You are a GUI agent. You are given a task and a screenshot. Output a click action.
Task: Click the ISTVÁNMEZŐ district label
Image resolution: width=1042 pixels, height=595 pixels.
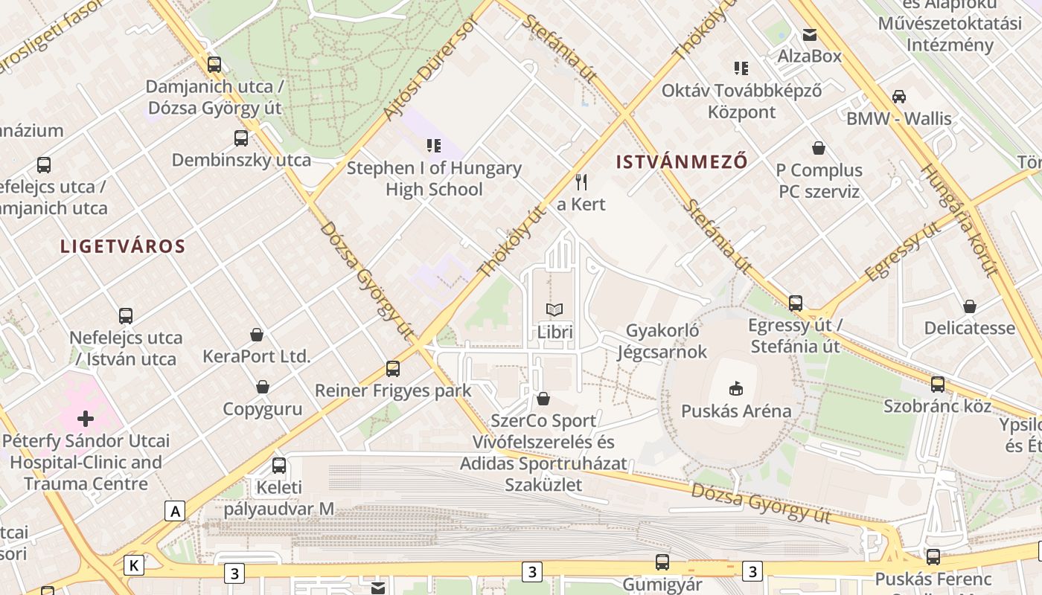pos(682,162)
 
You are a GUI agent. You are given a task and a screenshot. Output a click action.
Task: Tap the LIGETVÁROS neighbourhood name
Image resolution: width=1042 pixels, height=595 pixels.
pos(123,247)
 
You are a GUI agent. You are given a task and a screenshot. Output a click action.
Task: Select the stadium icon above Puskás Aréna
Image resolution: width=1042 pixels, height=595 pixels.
pos(736,388)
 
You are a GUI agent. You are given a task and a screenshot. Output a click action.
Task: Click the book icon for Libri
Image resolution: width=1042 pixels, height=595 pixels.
pos(554,309)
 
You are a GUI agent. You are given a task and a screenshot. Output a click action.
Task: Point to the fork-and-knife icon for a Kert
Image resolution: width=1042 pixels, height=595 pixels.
pos(582,181)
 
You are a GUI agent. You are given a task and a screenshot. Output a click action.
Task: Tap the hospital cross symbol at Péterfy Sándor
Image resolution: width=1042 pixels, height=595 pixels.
pos(86,418)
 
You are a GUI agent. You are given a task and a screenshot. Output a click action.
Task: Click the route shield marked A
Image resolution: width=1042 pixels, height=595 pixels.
pos(175,511)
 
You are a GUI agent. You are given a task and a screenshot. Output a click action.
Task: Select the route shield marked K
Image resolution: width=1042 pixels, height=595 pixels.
pos(134,565)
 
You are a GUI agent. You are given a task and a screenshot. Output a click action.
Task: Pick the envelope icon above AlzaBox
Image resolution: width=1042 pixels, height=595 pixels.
pos(809,34)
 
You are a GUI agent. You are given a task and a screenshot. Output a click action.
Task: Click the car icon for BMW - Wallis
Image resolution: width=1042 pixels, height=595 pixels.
pos(899,96)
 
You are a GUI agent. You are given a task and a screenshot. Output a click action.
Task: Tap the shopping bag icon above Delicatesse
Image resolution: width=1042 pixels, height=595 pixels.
pos(970,306)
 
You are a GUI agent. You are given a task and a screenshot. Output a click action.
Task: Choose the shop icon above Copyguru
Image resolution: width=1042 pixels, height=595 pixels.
pos(263,387)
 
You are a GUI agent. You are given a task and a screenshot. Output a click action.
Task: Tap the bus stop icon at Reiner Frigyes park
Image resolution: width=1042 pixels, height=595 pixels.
pos(393,368)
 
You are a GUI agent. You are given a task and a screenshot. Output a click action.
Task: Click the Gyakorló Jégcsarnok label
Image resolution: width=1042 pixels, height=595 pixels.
pos(662,341)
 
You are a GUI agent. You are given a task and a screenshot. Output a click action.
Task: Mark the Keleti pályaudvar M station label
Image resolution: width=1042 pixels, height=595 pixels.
pos(279,498)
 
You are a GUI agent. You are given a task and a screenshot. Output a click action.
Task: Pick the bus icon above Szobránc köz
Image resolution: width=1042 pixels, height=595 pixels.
pos(938,385)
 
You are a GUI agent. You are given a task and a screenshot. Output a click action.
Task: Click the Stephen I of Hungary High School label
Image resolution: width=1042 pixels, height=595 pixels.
pos(434,178)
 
